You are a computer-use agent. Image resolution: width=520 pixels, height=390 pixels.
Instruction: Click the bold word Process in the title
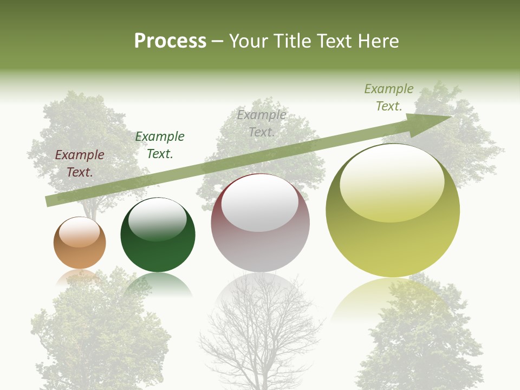pos(170,41)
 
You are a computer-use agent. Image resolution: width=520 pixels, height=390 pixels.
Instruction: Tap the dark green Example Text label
pos(160,145)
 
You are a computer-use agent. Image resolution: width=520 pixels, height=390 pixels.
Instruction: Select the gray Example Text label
pos(262,123)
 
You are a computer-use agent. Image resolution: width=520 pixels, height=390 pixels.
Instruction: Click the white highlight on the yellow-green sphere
pos(392,181)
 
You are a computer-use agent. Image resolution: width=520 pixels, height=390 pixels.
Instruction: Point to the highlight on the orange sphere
pos(79,231)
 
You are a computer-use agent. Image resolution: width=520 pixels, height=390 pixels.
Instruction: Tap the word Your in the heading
pos(247,41)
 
